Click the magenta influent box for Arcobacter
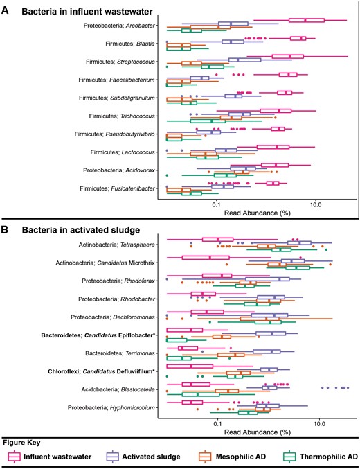tap(307, 20)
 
